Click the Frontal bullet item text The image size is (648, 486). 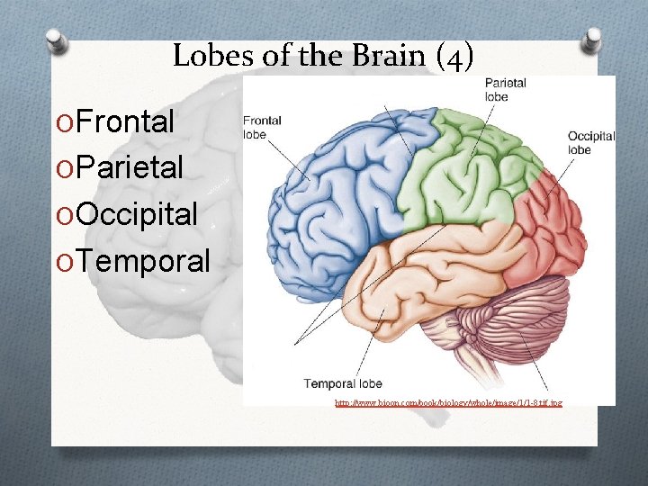pos(125,121)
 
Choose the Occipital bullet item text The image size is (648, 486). pos(137,214)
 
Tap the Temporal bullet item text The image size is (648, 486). pos(142,261)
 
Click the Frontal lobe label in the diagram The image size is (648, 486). pos(262,127)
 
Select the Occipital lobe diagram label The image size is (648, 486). pos(590,143)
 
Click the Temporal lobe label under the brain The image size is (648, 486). pos(342,383)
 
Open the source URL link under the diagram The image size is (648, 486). pos(447,402)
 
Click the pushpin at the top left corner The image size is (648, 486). pos(56,40)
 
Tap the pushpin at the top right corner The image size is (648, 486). pos(592,39)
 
